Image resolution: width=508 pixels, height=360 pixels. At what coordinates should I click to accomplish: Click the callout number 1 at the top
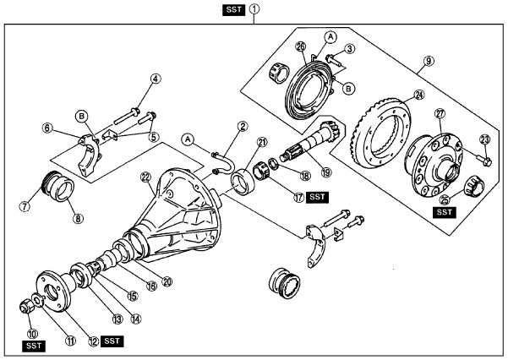(254, 9)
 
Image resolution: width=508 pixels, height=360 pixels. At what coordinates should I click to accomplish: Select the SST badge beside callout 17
(317, 197)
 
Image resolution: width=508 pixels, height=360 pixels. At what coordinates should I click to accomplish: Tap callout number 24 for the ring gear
(419, 95)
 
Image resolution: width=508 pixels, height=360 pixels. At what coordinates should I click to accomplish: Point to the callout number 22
(146, 177)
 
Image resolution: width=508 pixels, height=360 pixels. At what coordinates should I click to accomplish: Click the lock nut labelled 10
(25, 306)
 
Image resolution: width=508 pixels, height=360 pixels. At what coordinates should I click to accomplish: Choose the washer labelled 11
(37, 299)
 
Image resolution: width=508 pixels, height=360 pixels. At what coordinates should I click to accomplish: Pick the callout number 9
(429, 61)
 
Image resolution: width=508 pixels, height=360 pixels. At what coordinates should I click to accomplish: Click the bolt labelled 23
(483, 159)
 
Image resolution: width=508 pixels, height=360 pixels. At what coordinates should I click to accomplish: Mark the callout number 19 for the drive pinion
(326, 172)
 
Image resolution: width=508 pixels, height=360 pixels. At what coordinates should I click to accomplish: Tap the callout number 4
(156, 79)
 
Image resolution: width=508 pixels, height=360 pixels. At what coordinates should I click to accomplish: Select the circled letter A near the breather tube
(188, 139)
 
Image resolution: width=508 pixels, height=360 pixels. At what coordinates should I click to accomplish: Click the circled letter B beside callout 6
(81, 116)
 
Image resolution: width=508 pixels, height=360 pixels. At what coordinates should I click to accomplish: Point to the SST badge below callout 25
(444, 212)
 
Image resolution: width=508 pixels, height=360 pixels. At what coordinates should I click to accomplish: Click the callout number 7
(25, 206)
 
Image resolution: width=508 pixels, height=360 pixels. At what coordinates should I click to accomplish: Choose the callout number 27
(440, 114)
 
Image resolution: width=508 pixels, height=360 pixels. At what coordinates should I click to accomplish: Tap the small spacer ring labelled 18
(273, 162)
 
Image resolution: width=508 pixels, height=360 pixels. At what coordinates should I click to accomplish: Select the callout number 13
(117, 319)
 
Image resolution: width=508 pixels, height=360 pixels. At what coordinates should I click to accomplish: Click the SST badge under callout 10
(34, 346)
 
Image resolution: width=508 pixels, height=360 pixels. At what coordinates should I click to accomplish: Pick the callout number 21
(261, 142)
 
